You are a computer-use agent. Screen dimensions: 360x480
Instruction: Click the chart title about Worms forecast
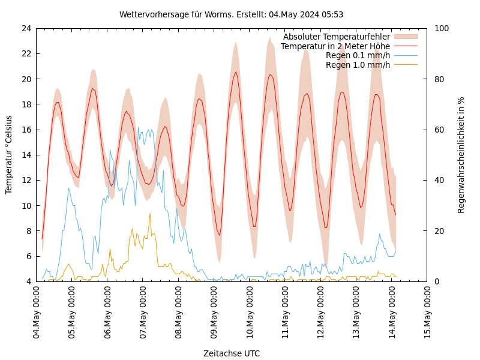[x=231, y=14]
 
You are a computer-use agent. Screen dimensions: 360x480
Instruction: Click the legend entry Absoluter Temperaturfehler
[x=336, y=37]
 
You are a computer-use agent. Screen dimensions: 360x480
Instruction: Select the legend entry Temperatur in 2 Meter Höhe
[x=335, y=46]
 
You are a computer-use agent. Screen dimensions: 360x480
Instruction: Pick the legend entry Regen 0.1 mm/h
[x=358, y=55]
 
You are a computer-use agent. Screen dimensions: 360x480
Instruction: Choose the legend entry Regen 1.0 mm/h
[x=358, y=65]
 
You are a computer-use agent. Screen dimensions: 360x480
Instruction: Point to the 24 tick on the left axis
[x=26, y=28]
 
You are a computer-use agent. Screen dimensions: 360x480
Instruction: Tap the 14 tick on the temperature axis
[x=26, y=155]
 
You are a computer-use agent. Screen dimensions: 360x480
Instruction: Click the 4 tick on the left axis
[x=28, y=281]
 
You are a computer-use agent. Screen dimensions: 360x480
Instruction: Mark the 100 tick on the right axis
[x=442, y=28]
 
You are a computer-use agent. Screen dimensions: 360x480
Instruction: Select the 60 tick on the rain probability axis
[x=439, y=130]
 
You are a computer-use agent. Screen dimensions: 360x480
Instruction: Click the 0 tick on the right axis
[x=437, y=281]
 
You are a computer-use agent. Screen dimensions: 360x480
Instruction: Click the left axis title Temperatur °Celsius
[x=9, y=155]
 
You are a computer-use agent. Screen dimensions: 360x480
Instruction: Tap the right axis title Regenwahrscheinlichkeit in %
[x=461, y=155]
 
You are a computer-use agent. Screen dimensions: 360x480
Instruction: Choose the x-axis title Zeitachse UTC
[x=231, y=353]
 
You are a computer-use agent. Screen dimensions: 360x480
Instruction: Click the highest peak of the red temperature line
[x=236, y=72]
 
